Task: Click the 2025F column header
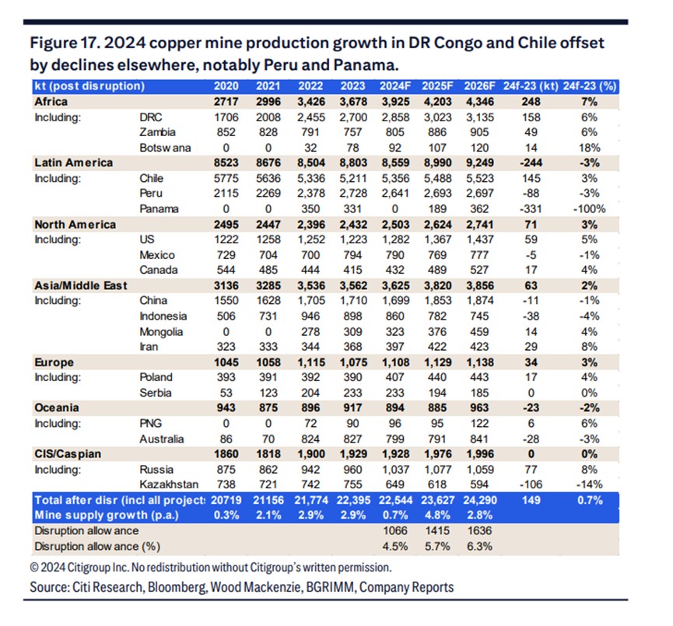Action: pyautogui.click(x=435, y=86)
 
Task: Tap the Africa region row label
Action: pyautogui.click(x=51, y=101)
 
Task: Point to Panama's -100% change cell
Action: pyautogui.click(x=587, y=208)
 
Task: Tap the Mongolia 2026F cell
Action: pyautogui.click(x=479, y=331)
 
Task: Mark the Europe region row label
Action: pyautogui.click(x=53, y=362)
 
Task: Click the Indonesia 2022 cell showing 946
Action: pyautogui.click(x=311, y=316)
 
